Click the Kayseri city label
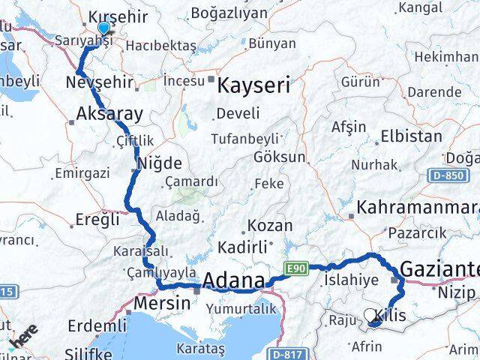(253, 85)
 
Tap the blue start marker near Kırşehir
(103, 28)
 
